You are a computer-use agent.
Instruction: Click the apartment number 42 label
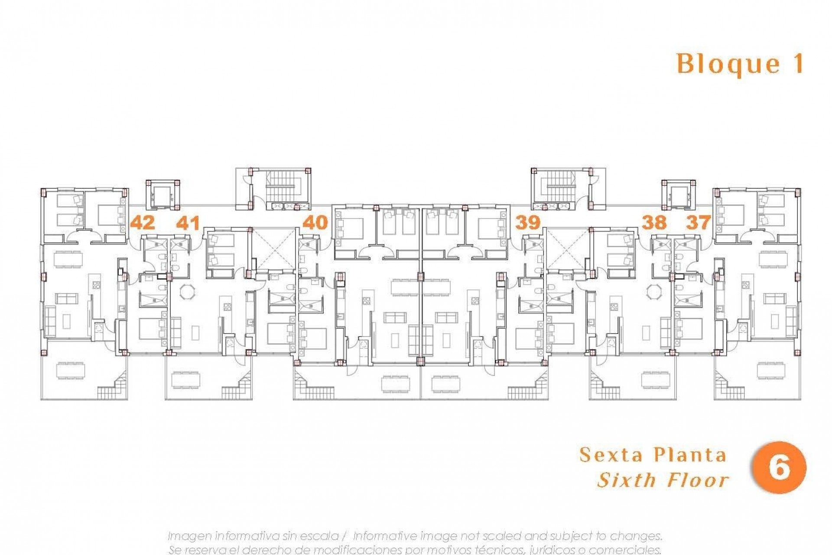pyautogui.click(x=143, y=223)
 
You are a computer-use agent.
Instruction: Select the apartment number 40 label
pyautogui.click(x=315, y=223)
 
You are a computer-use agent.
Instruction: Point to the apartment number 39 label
pyautogui.click(x=528, y=223)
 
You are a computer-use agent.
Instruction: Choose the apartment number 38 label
pyautogui.click(x=654, y=223)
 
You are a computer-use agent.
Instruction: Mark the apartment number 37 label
pyautogui.click(x=699, y=223)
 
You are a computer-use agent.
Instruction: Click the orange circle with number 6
pyautogui.click(x=779, y=468)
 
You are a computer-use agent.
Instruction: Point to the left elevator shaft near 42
pyautogui.click(x=163, y=194)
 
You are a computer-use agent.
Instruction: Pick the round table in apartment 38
pyautogui.click(x=654, y=291)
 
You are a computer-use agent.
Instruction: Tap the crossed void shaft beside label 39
pyautogui.click(x=568, y=249)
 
